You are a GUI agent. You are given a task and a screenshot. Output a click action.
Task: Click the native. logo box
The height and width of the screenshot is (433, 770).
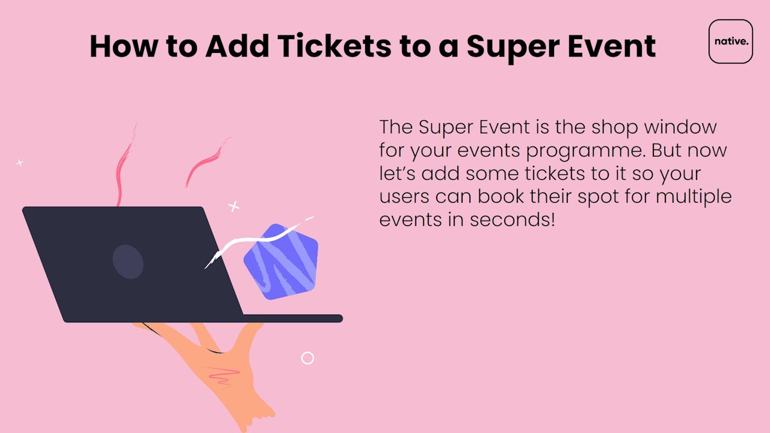tap(730, 41)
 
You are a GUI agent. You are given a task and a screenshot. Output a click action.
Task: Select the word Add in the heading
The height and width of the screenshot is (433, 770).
tap(237, 45)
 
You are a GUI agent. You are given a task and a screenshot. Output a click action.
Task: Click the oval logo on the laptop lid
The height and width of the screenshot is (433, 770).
tap(128, 262)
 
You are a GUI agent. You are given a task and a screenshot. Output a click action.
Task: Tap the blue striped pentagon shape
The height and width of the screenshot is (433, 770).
tap(280, 262)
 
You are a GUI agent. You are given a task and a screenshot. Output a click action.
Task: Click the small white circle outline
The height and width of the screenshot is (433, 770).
tap(307, 358)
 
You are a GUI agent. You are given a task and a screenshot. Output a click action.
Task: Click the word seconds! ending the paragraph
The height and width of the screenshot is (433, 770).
tap(512, 220)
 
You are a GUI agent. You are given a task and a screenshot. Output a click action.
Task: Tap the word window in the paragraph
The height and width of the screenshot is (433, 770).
tap(680, 127)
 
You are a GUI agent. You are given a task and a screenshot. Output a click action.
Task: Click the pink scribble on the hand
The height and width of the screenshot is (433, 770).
tap(223, 376)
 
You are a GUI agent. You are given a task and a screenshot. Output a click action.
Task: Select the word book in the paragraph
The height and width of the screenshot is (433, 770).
tap(500, 196)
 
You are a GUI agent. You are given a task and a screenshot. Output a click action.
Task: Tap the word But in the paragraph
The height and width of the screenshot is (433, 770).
tap(666, 150)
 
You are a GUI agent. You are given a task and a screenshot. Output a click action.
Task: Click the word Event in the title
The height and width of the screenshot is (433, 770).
tap(612, 46)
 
